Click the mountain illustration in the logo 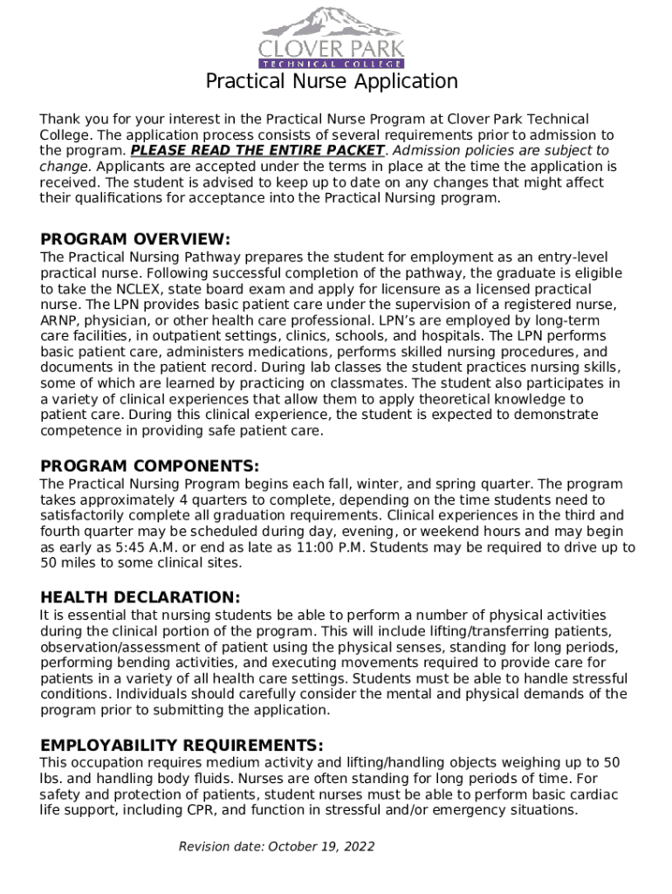point(333,19)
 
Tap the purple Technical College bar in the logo point(332,64)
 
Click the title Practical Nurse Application point(332,82)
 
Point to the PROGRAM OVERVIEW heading point(135,239)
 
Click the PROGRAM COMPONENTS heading point(149,466)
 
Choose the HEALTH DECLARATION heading point(140,597)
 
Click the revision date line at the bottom point(277,847)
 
